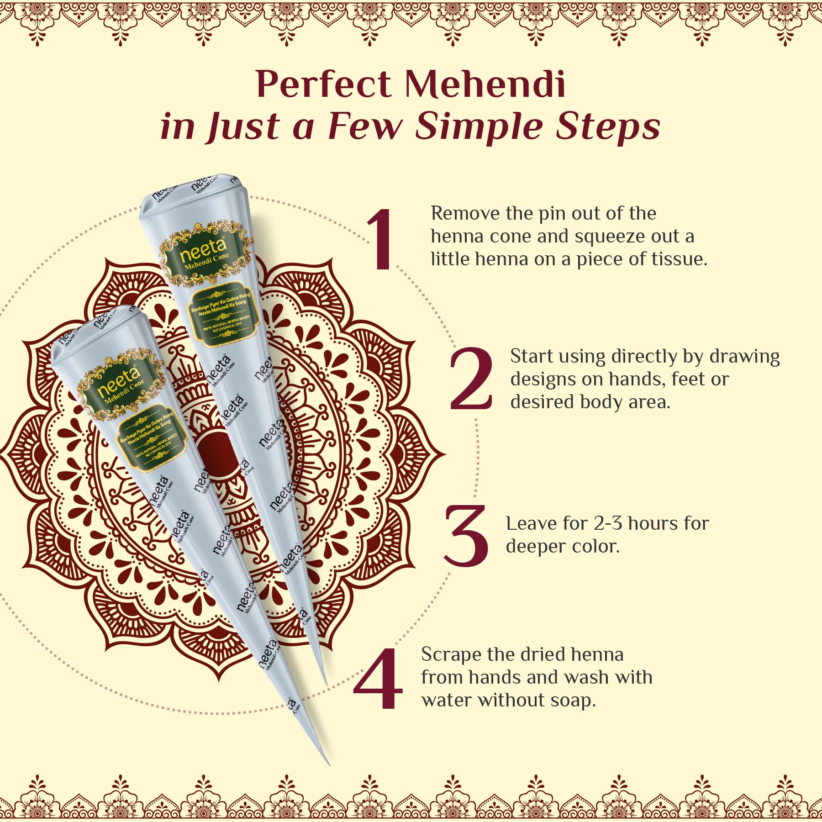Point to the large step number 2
[x=471, y=379]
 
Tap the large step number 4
[x=378, y=678]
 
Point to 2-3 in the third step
[x=608, y=523]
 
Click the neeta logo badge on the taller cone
[x=206, y=254]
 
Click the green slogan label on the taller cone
[x=224, y=315]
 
